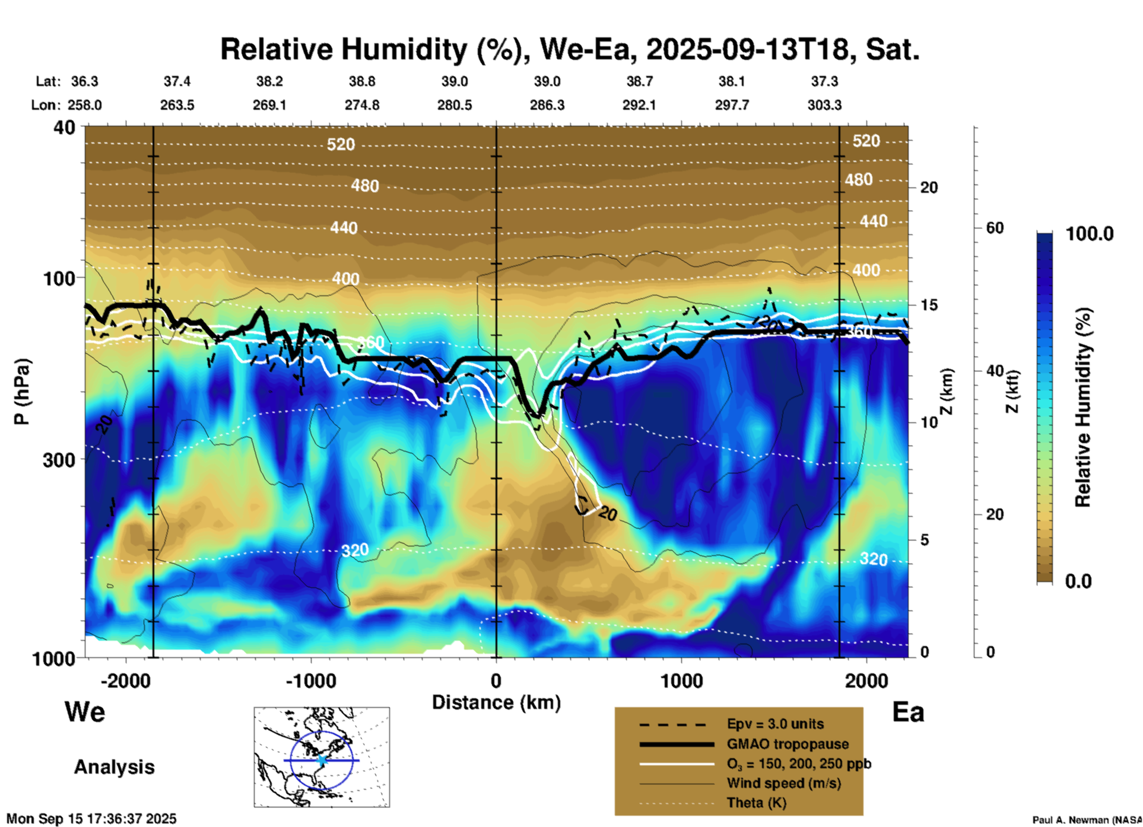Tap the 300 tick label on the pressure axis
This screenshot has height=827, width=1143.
tap(59, 460)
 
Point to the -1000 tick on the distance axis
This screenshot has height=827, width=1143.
tap(311, 680)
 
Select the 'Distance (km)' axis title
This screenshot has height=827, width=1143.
tap(496, 702)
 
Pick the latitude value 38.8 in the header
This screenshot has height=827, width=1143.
tap(362, 81)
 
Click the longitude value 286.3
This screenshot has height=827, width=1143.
tap(547, 105)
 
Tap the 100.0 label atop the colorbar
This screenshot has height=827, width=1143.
tap(1090, 234)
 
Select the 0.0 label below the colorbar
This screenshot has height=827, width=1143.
tap(1078, 581)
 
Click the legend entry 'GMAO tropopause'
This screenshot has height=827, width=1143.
tap(788, 744)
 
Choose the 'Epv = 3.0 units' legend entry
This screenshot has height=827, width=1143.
tap(775, 724)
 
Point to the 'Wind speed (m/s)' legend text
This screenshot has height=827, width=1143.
tap(783, 783)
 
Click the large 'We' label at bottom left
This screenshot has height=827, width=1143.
tap(85, 712)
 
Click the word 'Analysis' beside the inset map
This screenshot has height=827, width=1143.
tap(114, 767)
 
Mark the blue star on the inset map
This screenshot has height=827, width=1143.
tap(322, 760)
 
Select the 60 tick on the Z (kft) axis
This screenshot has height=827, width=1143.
tap(994, 228)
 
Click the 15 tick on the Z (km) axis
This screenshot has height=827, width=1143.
tap(929, 305)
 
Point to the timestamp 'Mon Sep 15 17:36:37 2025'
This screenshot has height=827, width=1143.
tap(91, 819)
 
